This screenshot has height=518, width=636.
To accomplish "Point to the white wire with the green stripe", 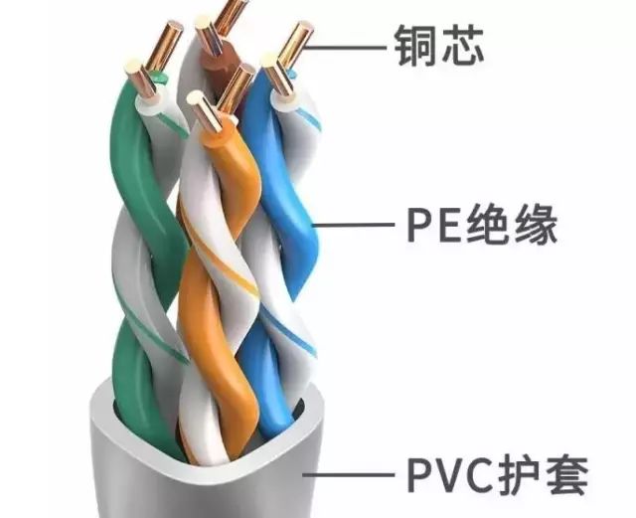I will [x=129, y=249].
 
